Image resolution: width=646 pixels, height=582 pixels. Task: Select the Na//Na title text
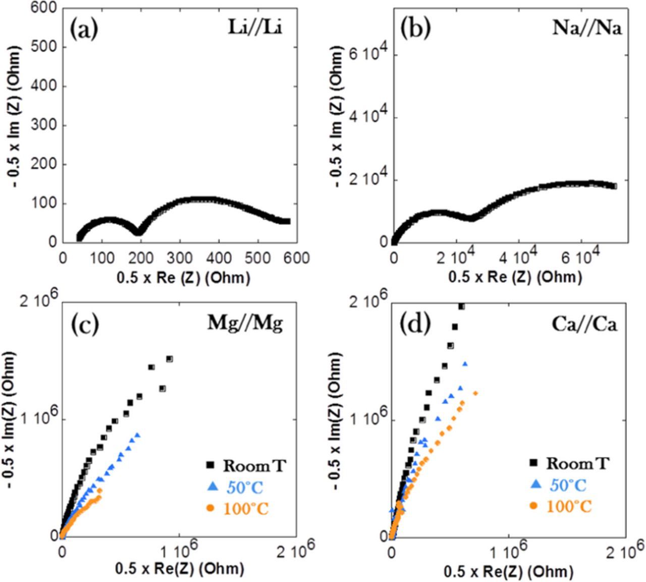587,28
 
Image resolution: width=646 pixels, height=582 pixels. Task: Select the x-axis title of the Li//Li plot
183,277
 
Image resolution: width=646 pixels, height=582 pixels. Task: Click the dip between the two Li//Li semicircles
139,232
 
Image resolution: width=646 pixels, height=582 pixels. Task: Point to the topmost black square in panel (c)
170,359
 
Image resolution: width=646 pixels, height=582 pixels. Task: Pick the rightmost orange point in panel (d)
475,393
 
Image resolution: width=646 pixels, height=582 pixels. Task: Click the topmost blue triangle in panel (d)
465,364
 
